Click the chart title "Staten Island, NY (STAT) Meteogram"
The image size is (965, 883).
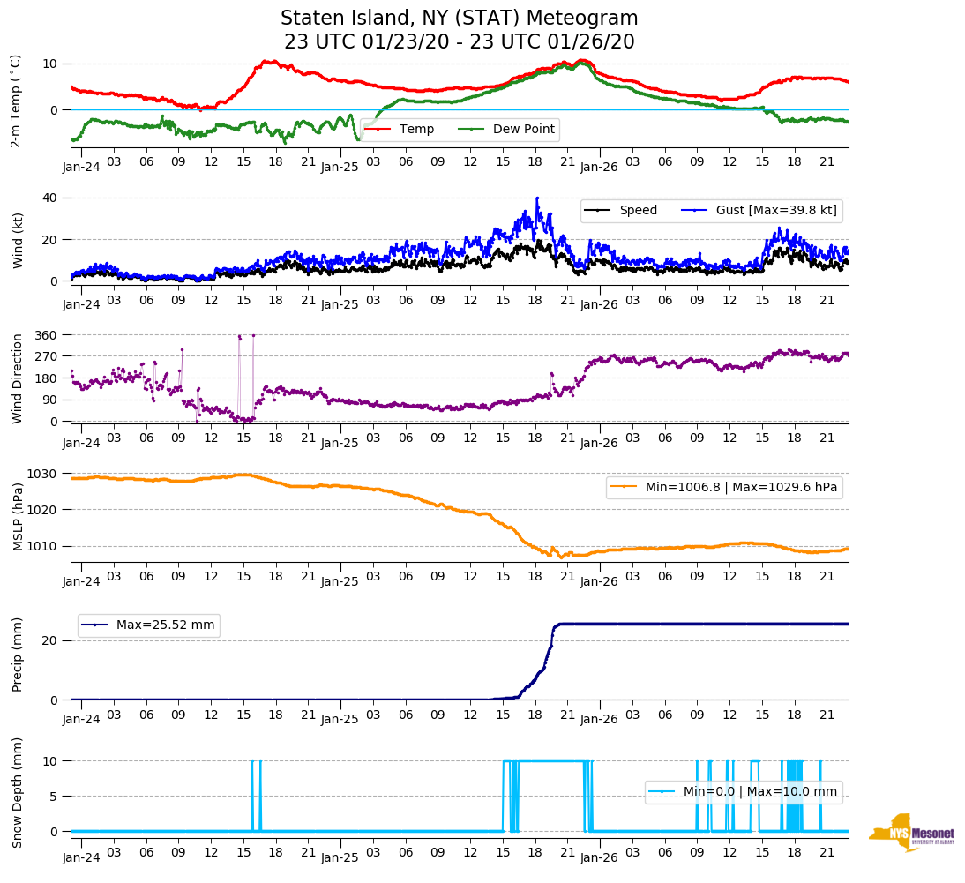coord(459,19)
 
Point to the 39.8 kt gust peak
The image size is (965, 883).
coord(536,198)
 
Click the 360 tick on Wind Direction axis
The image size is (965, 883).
coord(46,335)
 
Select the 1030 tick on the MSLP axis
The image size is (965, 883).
coord(42,474)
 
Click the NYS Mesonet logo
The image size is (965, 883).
coord(912,833)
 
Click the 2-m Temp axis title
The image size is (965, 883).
coord(16,101)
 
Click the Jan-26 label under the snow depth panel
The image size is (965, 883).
coord(598,857)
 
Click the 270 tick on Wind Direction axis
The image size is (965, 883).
coord(46,356)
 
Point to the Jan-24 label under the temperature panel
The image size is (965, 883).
coord(81,166)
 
